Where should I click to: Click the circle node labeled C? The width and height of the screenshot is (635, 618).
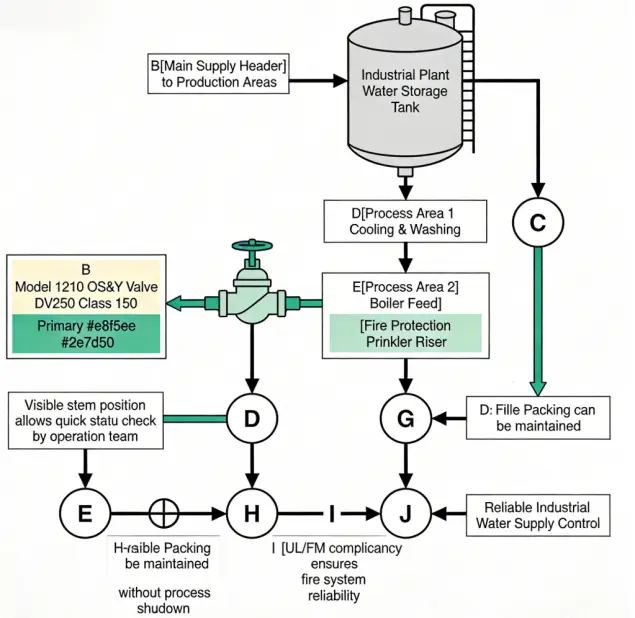pos(538,222)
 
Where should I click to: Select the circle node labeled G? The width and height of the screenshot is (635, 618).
pos(405,418)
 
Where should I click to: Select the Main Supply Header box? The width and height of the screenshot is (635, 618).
pos(219,74)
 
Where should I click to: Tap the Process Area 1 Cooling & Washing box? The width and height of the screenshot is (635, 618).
pos(405,220)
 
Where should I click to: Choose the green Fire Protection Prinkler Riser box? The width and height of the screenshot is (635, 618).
pos(405,334)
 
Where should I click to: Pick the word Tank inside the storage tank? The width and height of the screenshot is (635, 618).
pos(404,108)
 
